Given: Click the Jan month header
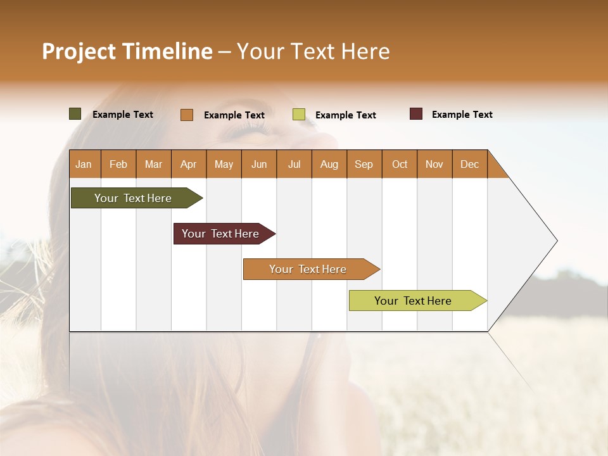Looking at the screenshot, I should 84,164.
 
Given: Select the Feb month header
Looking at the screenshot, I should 118,164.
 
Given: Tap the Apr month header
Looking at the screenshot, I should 188,164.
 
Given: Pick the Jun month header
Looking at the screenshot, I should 259,164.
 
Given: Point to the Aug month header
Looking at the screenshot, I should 329,164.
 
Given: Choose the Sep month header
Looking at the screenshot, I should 364,164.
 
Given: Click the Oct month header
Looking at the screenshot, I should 400,164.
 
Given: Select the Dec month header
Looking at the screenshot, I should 469,164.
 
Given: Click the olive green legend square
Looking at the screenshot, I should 75,114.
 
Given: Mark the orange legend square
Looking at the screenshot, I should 187,115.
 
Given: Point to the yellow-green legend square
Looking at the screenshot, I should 299,115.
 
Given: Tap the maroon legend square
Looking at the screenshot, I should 416,114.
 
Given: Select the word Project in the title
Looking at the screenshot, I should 79,51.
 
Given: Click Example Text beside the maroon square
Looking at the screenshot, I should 462,115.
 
